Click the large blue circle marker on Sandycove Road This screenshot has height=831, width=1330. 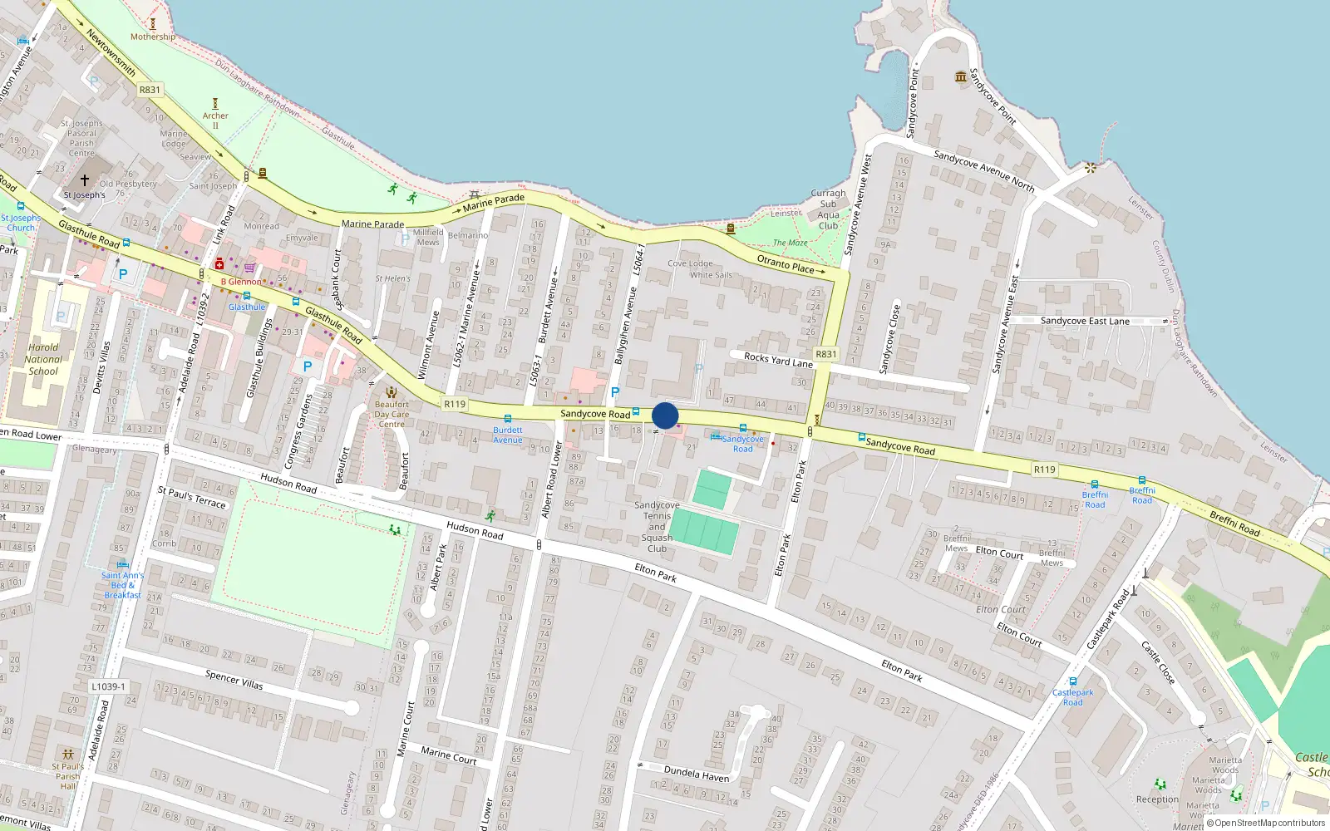point(665,415)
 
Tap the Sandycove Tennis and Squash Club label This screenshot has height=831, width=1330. point(657,527)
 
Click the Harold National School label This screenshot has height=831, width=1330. point(43,360)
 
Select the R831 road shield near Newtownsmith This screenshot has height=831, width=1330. point(150,90)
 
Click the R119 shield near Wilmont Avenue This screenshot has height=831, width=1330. point(455,404)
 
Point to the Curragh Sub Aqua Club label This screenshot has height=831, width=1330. point(828,209)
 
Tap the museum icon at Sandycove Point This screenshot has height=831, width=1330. point(962,77)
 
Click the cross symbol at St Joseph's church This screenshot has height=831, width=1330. point(84,180)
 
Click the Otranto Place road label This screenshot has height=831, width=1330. point(786,264)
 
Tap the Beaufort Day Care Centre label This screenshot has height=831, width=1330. point(392,414)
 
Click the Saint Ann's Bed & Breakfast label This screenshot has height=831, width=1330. point(122,585)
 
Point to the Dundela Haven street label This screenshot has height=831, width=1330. point(697,774)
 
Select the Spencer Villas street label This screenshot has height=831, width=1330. point(234,680)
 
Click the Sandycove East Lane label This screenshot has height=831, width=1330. point(1085,321)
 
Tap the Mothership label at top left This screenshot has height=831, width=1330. point(153,37)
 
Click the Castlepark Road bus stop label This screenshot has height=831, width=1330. point(1072,697)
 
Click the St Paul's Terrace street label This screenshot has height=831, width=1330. point(192,497)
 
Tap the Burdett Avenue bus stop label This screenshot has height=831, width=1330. point(508,435)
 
